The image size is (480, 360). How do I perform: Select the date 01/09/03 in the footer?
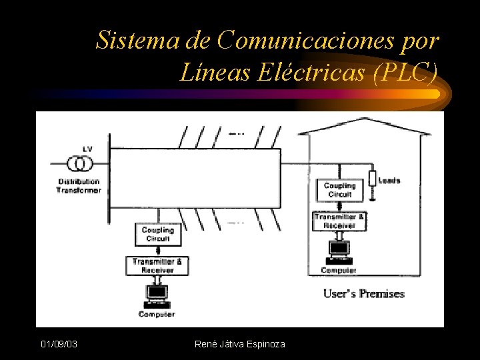pos(59,344)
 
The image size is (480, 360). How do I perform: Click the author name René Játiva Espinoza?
pos(239,344)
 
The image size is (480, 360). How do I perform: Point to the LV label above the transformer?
pos(87,148)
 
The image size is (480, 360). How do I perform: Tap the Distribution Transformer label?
pos(79,185)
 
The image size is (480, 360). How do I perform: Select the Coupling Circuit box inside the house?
pos(339,190)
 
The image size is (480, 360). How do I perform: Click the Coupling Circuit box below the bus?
pos(157,234)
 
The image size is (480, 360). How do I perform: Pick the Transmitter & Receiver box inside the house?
pos(339,221)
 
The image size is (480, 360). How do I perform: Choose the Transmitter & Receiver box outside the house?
pos(157,266)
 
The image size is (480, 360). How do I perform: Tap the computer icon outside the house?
pos(157,294)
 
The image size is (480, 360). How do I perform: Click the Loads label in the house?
pos(389,180)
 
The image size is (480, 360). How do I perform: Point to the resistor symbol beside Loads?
pos(371,179)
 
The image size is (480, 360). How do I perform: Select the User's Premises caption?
pos(364,293)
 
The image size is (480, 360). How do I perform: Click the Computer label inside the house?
pos(339,270)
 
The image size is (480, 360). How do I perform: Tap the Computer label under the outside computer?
pos(157,314)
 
